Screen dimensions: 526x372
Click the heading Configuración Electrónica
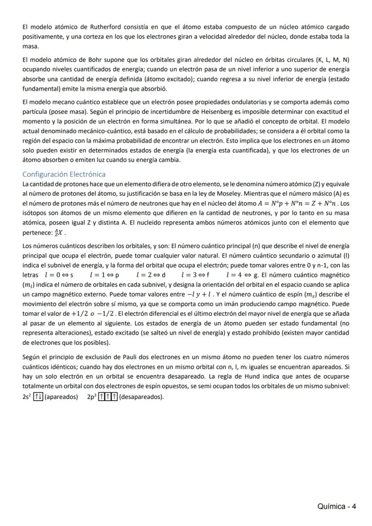tap(64, 174)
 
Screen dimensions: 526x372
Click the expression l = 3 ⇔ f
tap(195, 274)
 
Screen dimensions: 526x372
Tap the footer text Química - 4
tap(337, 507)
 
